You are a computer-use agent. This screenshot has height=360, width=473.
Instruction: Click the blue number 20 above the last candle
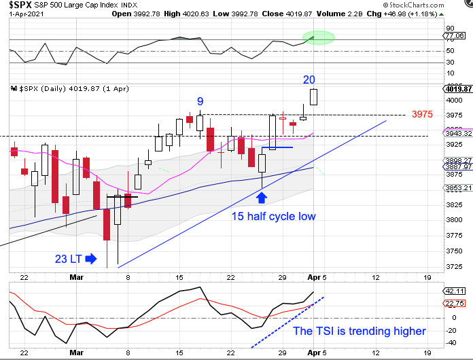click(x=309, y=79)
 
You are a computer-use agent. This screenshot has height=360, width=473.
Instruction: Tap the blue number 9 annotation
click(x=200, y=102)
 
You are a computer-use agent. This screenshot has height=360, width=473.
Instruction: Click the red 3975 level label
click(x=423, y=114)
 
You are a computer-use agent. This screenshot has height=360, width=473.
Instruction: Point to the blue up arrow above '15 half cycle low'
click(x=262, y=197)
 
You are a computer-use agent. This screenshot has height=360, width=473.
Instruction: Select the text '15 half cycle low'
click(x=274, y=216)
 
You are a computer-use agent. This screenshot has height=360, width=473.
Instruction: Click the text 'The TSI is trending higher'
click(x=359, y=331)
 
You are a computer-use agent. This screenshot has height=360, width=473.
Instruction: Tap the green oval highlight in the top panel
click(x=317, y=37)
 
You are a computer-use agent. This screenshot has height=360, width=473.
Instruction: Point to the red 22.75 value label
click(x=453, y=304)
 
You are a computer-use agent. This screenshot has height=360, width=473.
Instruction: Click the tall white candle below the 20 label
click(x=313, y=97)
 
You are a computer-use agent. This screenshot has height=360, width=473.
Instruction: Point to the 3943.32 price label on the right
click(x=455, y=134)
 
